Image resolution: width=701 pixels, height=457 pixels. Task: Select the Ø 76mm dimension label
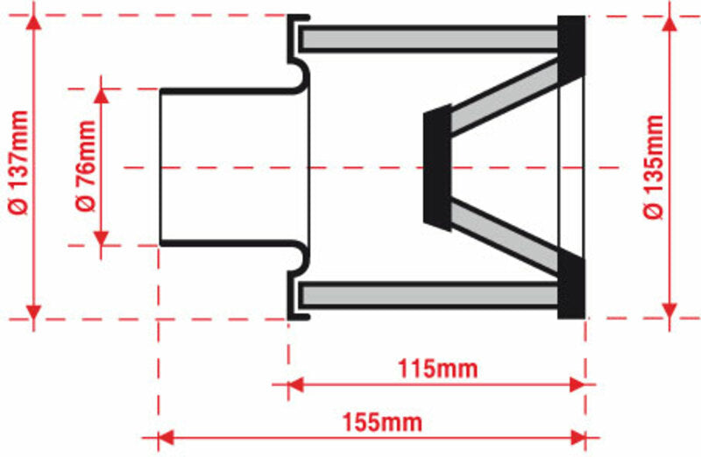coord(85,167)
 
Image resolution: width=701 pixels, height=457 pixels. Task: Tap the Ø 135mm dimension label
coord(654,167)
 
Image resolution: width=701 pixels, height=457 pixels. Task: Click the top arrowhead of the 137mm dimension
coord(33,24)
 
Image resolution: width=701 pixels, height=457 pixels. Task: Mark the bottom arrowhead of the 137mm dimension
coord(33,312)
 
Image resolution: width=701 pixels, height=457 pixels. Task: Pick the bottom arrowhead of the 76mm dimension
coord(101,238)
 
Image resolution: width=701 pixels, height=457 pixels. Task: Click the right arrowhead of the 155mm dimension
coord(577,436)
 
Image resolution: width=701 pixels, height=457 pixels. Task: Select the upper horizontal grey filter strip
coord(429,39)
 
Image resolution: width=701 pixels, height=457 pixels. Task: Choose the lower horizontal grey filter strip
coord(429,295)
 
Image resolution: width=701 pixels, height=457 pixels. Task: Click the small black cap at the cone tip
coord(436,167)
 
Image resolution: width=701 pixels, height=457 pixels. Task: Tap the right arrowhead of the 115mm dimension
coord(577,383)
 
